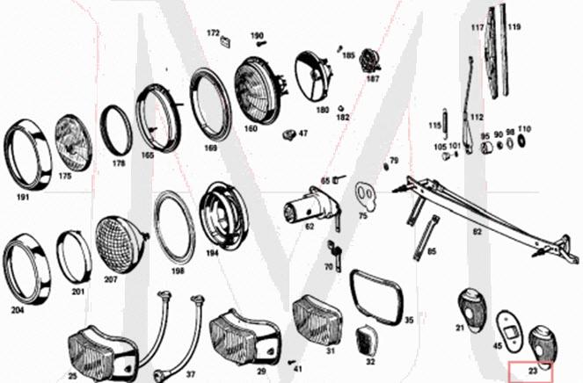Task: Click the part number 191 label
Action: pos(23,196)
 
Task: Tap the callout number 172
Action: pos(213,33)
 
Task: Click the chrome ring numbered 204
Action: pos(26,267)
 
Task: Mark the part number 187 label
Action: pos(373,78)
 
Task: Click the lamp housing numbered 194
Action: pos(222,216)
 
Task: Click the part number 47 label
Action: pos(302,134)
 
